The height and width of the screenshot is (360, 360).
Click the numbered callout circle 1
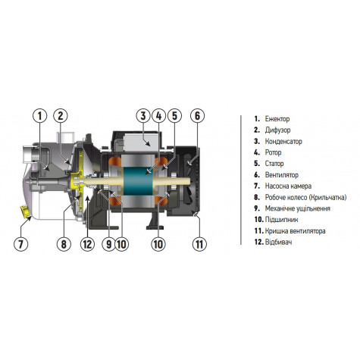(x=39, y=116)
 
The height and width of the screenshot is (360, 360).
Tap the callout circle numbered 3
(x=142, y=116)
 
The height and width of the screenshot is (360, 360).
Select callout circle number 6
(x=197, y=116)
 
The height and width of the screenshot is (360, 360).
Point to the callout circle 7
(x=20, y=244)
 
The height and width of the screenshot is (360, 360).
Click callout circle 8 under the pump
(x=64, y=244)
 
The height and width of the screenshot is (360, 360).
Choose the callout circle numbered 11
(x=199, y=244)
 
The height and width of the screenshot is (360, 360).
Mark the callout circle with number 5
(x=174, y=116)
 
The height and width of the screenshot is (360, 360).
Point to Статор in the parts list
(x=275, y=163)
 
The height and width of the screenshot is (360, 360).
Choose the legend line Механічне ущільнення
(x=298, y=208)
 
